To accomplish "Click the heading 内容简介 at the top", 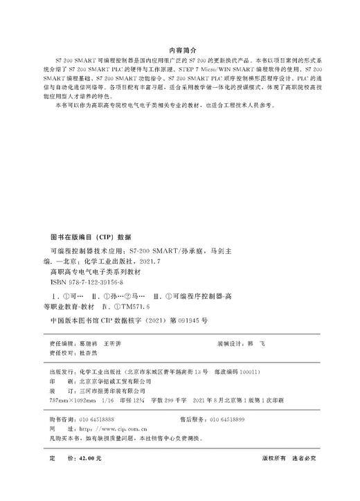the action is pos(179,51).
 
